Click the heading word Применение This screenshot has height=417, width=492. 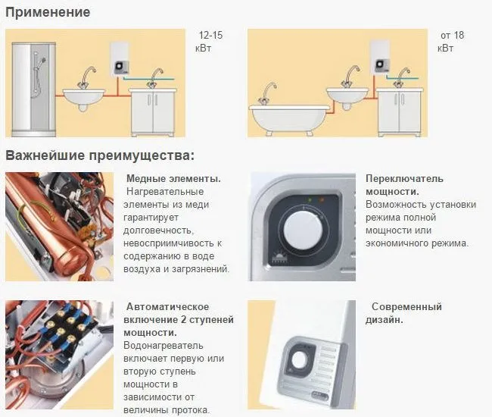point(47,12)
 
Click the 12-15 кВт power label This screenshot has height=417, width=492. point(210,42)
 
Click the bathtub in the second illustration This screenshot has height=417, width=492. point(288,114)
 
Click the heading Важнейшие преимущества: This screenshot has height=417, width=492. point(100,155)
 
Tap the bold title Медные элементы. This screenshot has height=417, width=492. point(173,179)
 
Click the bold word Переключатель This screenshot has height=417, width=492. point(404,179)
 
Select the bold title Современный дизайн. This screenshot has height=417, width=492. point(406,313)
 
